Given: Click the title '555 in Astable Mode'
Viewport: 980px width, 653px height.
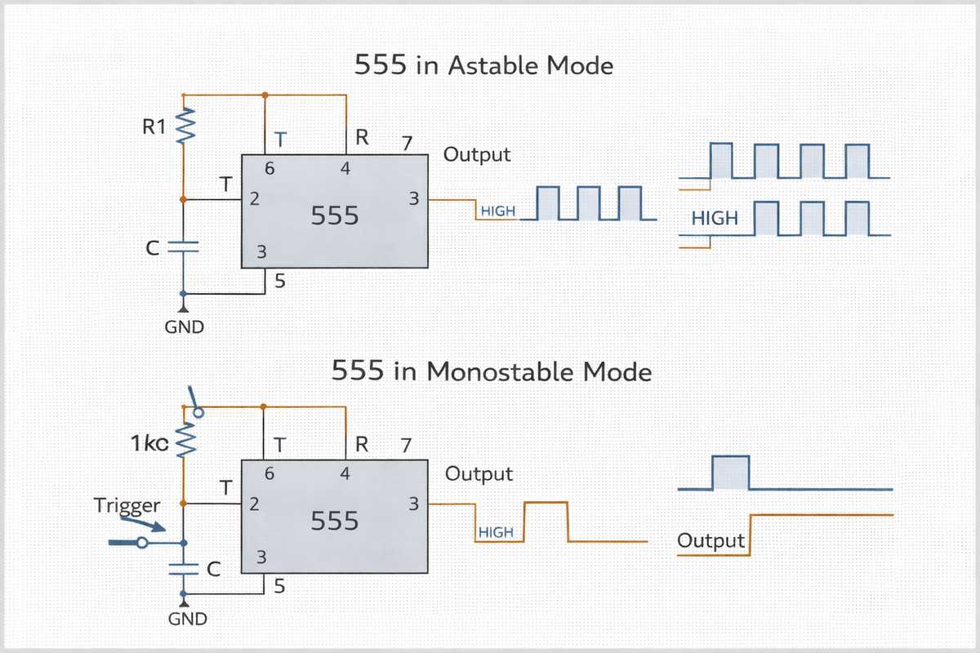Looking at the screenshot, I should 483,65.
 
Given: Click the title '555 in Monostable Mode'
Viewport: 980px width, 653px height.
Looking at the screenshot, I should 492,372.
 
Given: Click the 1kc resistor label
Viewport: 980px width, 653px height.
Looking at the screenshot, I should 149,444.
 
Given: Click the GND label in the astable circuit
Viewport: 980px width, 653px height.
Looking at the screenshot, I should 184,328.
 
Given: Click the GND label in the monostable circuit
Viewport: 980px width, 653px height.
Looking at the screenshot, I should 187,619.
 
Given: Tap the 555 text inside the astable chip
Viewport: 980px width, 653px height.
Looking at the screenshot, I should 335,215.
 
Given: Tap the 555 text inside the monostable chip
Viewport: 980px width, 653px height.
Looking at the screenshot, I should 335,521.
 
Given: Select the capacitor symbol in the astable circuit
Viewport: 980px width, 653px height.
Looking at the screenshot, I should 183,247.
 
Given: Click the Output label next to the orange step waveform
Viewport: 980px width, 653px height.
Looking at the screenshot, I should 711,541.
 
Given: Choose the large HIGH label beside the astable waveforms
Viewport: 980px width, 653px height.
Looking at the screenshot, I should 715,219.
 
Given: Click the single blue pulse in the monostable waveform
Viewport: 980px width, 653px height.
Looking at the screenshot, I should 731,473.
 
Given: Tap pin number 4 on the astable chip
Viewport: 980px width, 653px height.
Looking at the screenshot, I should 345,170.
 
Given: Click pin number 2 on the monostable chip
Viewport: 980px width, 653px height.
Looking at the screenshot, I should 254,504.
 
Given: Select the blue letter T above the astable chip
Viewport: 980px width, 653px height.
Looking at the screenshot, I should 279,140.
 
